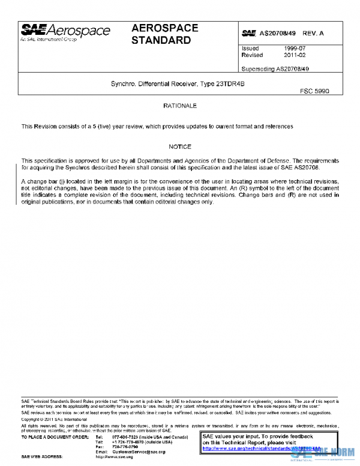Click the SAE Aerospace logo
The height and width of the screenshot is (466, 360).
click(x=65, y=32)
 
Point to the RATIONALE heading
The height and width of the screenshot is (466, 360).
click(x=180, y=106)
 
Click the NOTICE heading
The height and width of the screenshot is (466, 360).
click(x=180, y=147)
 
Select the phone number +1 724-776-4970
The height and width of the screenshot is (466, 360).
click(x=128, y=442)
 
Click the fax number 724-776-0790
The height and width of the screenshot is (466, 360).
click(x=125, y=447)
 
